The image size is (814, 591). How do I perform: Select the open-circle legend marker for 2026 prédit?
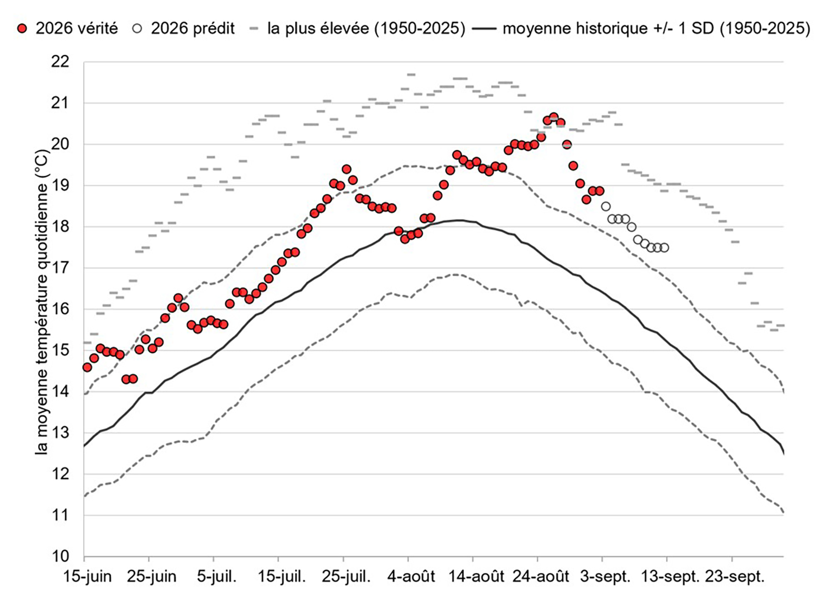click(138, 28)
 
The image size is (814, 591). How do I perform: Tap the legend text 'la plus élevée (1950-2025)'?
click(366, 28)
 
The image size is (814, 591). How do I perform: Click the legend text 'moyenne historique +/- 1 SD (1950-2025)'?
click(656, 28)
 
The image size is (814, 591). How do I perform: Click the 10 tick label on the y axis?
click(59, 556)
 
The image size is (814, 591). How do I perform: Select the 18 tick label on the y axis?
click(59, 227)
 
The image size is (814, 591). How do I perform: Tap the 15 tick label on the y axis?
click(59, 350)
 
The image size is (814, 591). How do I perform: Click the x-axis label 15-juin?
click(88, 577)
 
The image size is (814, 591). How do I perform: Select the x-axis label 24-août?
click(541, 577)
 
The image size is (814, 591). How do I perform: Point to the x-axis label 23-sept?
click(735, 577)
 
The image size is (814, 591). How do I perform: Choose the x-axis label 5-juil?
click(217, 577)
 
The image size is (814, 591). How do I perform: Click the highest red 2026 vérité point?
click(554, 117)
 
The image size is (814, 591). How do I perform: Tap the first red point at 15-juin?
click(87, 367)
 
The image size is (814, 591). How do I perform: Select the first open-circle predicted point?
click(606, 206)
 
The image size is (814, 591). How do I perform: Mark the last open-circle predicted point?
click(664, 248)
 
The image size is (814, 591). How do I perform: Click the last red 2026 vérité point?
click(599, 191)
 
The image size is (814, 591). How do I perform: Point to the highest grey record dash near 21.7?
click(411, 75)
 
